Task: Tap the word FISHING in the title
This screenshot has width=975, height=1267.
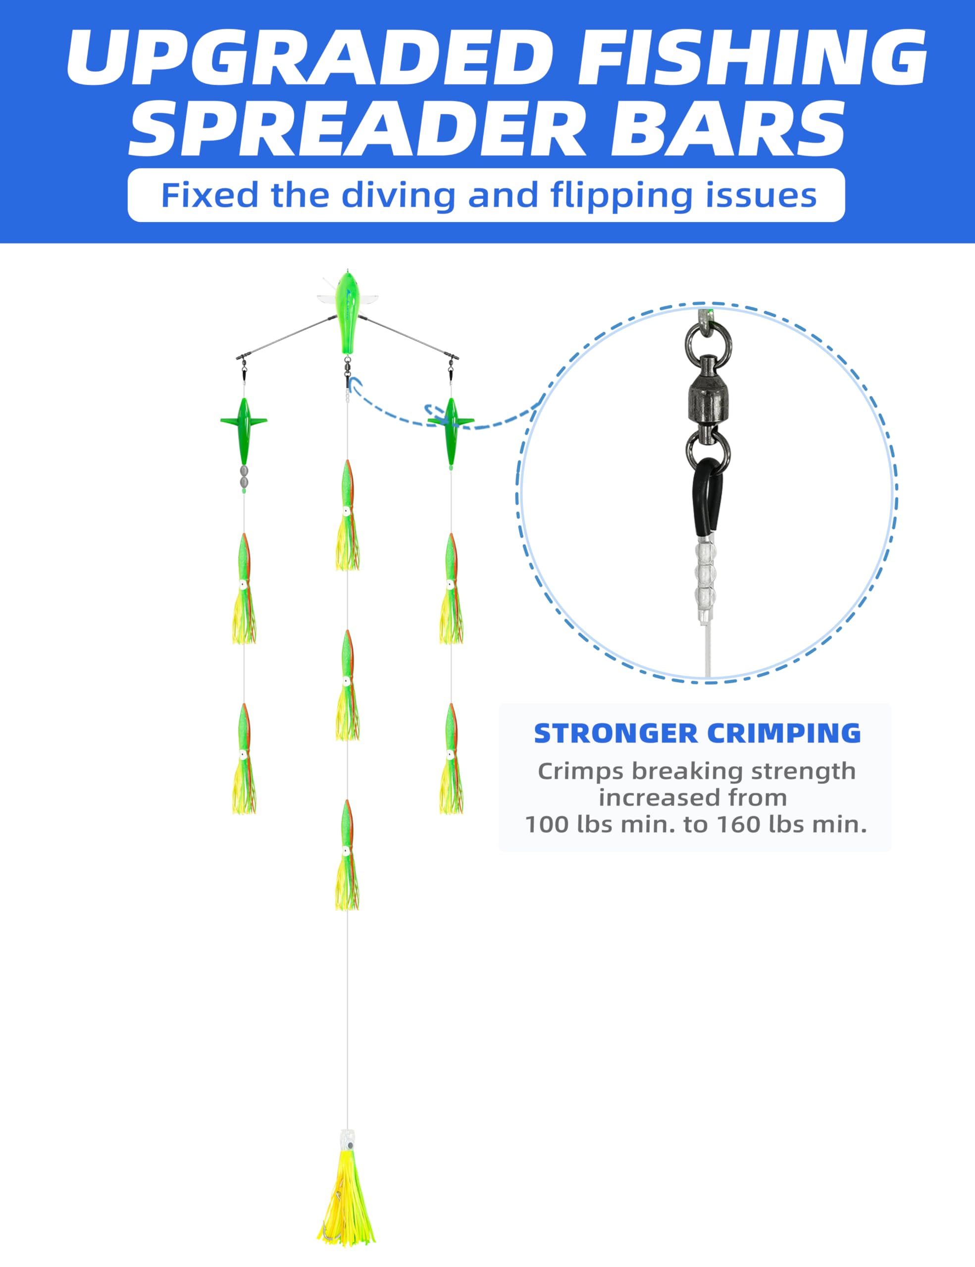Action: (x=753, y=57)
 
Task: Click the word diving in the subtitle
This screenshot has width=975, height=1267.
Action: (x=398, y=195)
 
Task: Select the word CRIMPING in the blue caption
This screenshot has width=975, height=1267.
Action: (x=783, y=733)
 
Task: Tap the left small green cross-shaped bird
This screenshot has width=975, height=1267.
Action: (x=244, y=431)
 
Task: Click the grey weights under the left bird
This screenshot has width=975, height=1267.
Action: (x=244, y=476)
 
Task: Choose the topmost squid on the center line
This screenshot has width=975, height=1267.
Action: (x=347, y=515)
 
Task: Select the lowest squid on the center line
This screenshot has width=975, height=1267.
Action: (x=347, y=855)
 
